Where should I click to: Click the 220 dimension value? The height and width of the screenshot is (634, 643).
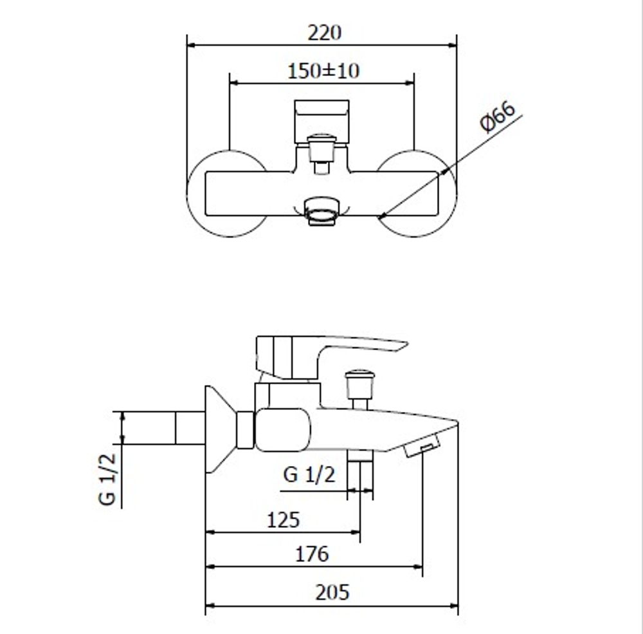point(324,33)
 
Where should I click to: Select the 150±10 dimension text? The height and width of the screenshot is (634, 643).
point(323,71)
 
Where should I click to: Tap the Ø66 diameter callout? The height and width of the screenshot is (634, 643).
point(498,117)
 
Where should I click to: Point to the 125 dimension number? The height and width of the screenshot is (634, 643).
point(283,520)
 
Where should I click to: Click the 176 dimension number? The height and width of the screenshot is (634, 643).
point(312,554)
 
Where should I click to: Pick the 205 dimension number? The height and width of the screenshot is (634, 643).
point(332,593)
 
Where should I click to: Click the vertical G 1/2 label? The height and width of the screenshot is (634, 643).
point(107,479)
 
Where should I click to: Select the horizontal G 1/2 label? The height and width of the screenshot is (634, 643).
point(309,474)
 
